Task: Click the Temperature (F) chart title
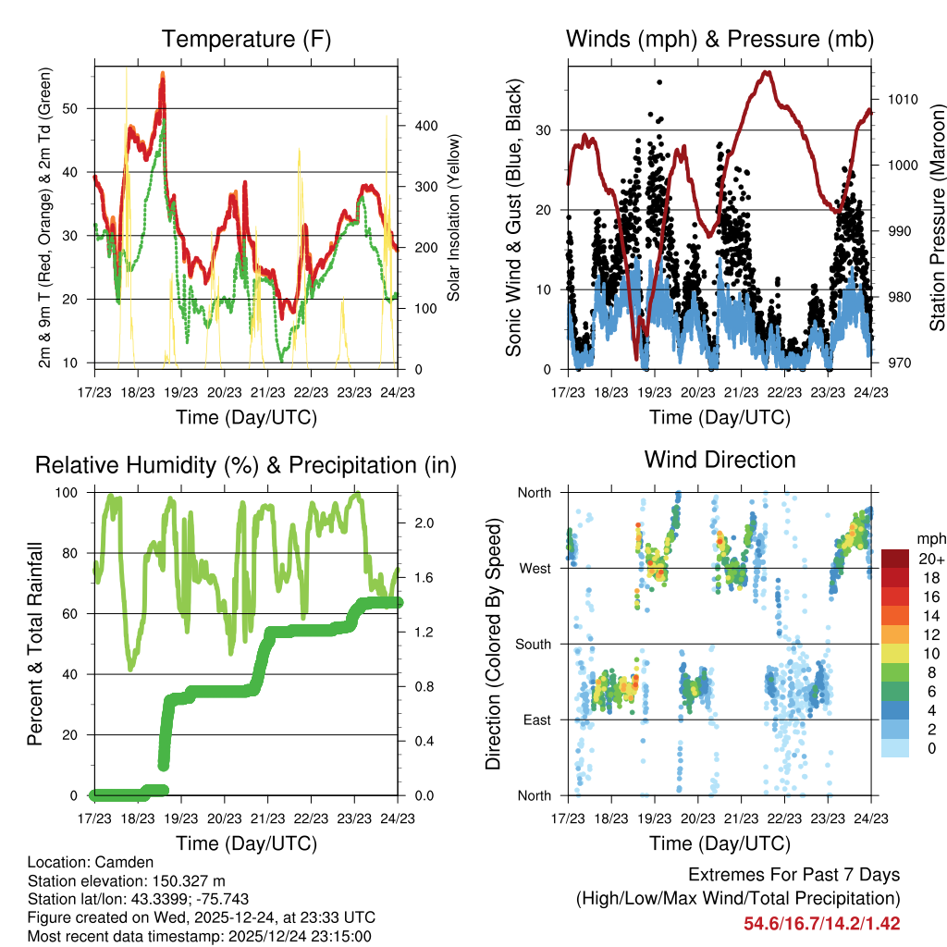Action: tap(246, 40)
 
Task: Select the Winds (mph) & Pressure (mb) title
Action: tap(719, 40)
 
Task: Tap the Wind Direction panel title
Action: tap(719, 460)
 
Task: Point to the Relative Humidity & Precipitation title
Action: tap(246, 465)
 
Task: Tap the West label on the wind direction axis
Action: tap(535, 568)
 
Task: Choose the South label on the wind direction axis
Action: tap(533, 644)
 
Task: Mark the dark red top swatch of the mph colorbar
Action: tap(895, 559)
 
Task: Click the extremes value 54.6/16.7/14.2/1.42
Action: tap(821, 923)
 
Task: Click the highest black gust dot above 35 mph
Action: tap(659, 82)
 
